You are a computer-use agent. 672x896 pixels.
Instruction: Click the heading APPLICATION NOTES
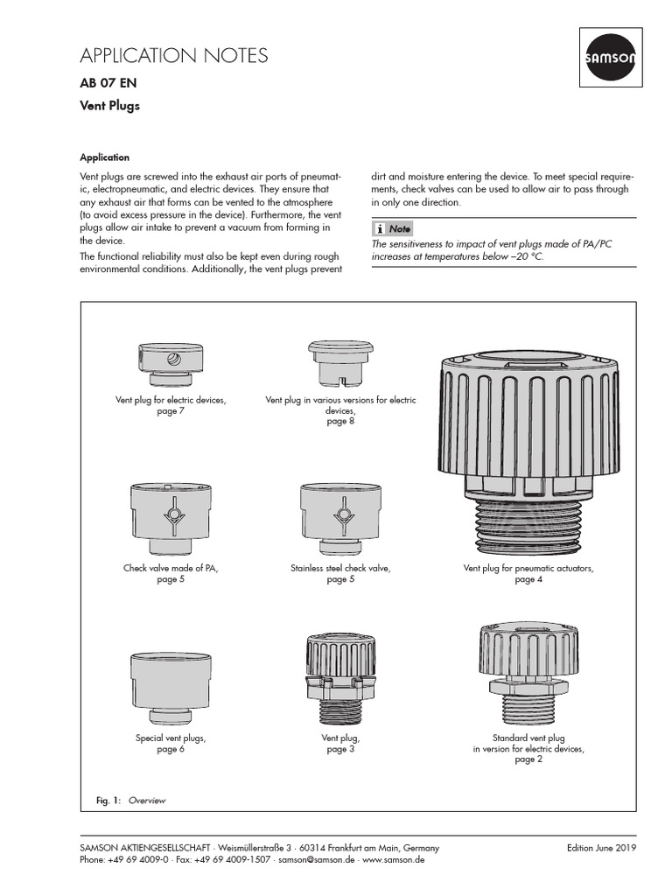coord(174,56)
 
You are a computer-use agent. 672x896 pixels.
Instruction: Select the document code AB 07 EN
coord(108,84)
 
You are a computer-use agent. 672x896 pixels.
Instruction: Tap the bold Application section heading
coord(104,157)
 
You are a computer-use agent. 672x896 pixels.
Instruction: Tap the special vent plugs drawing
coord(171,686)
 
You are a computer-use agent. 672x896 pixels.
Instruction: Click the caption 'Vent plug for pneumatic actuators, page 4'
coord(528,574)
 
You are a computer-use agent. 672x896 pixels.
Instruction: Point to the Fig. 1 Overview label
coord(130,801)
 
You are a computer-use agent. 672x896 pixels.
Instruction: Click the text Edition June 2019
coord(601,848)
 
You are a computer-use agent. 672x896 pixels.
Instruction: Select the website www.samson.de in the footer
coord(394,860)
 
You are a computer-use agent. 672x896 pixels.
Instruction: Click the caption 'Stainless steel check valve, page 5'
coord(340,574)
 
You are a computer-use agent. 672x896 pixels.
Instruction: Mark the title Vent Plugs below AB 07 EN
coord(109,107)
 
